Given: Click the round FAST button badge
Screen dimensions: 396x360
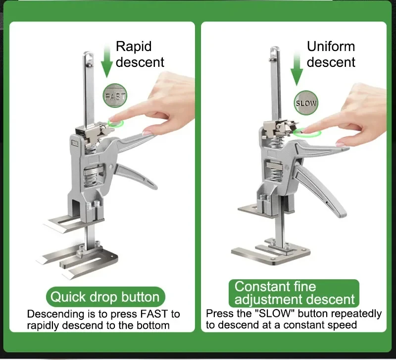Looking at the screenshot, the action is click(x=115, y=96).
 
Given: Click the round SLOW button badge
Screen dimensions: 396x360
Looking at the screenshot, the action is click(x=306, y=103).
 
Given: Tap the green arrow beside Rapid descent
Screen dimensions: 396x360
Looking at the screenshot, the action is click(x=107, y=60).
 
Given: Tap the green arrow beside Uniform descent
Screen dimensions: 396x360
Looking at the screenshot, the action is click(x=297, y=68).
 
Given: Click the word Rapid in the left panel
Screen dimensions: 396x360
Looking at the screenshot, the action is click(x=134, y=47).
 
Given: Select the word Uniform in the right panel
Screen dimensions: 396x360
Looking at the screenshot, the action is click(x=331, y=47).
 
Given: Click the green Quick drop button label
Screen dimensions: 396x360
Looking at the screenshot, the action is click(x=105, y=297).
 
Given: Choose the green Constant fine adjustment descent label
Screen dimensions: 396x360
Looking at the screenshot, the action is click(x=294, y=293).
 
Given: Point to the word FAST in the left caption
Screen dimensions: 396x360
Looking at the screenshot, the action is click(x=154, y=314).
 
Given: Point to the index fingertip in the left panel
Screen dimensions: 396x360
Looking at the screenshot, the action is click(x=113, y=119).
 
